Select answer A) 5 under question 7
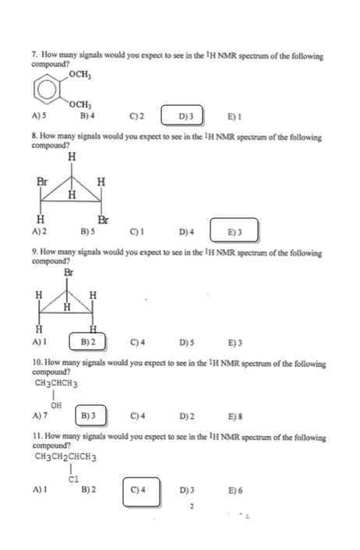[x=39, y=115]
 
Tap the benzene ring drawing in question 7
[x=47, y=89]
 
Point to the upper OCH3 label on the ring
[x=80, y=75]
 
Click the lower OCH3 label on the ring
[x=80, y=104]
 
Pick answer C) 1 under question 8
[x=137, y=232]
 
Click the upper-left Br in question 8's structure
[x=42, y=182]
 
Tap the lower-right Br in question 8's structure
[x=103, y=220]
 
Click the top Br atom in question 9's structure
[x=69, y=272]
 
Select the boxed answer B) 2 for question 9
[x=87, y=342]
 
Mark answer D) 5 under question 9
[x=187, y=342]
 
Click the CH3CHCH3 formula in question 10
[x=56, y=383]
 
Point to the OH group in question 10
[x=56, y=405]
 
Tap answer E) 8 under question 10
[x=235, y=416]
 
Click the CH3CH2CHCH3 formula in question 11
[x=65, y=457]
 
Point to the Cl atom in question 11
[x=74, y=479]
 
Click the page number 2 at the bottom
[x=192, y=506]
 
